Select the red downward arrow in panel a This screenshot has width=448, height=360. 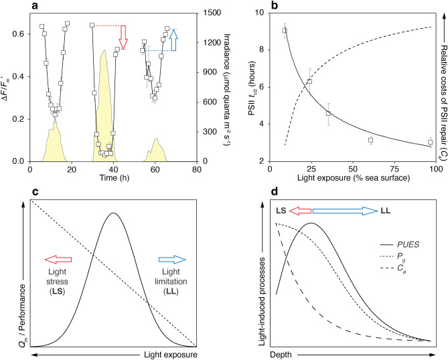pyautogui.click(x=122, y=33)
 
